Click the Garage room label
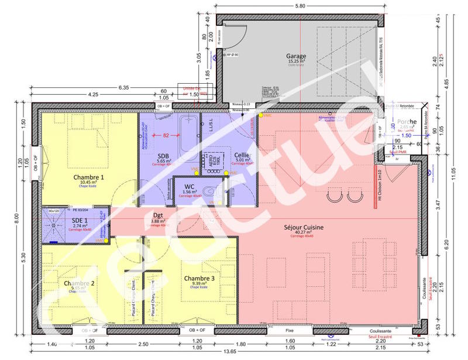click(297, 56)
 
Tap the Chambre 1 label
click(89, 177)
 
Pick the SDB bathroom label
click(163, 156)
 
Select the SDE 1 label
click(80, 220)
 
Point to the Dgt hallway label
click(158, 215)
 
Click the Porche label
click(405, 121)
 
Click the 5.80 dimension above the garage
click(300, 6)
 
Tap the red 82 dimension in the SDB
click(166, 135)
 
